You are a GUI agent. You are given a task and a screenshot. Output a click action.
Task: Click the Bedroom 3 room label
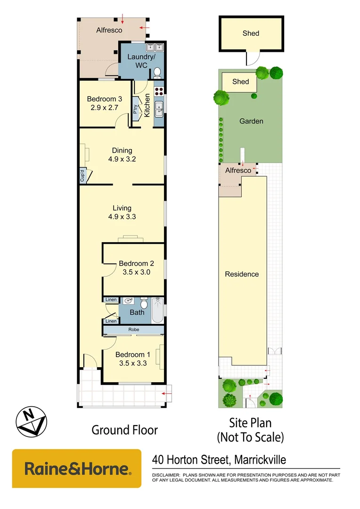click(105, 99)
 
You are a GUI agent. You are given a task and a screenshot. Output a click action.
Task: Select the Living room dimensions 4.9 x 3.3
click(122, 217)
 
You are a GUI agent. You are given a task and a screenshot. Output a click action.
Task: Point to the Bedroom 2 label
click(134, 263)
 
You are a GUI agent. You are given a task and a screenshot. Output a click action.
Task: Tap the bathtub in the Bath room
click(157, 311)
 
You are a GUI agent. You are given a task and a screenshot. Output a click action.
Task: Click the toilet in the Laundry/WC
click(157, 72)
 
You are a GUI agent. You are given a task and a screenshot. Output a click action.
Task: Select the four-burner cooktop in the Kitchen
click(159, 91)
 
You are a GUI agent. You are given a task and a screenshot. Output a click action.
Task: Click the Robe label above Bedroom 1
click(133, 330)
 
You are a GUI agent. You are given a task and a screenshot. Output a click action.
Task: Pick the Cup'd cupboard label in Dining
click(82, 176)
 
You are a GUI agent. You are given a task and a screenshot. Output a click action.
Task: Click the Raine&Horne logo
click(76, 468)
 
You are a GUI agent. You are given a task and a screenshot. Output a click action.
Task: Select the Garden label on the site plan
click(251, 121)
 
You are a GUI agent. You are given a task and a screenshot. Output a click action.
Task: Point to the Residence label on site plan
click(242, 274)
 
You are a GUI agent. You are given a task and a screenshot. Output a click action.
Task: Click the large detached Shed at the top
click(251, 33)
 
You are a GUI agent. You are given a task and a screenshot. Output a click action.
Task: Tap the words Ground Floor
click(124, 430)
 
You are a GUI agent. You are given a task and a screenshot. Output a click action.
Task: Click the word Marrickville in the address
click(255, 460)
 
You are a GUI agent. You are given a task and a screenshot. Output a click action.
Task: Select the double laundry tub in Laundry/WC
click(154, 48)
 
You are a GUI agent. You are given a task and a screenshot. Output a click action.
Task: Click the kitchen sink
click(159, 109)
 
